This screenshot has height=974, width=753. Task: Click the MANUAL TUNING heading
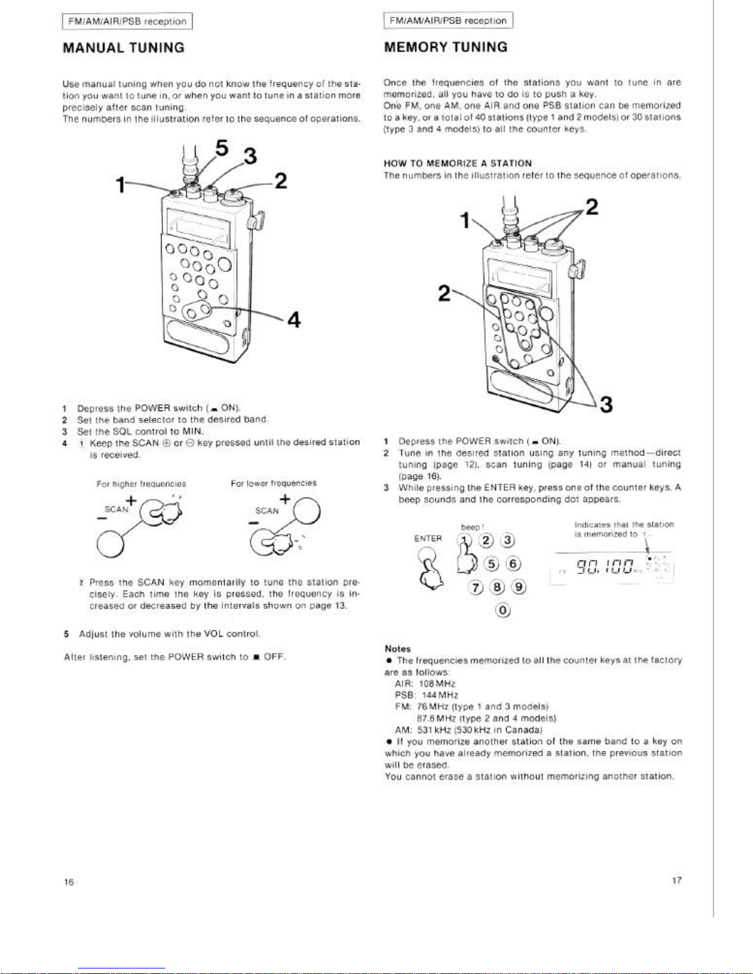point(124,48)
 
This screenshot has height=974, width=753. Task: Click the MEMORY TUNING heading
point(446,47)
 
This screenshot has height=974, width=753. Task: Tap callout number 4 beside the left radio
point(294,320)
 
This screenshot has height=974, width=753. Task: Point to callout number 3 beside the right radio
point(606,405)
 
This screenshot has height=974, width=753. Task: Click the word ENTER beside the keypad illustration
point(428,538)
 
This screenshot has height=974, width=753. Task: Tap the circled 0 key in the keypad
point(503,610)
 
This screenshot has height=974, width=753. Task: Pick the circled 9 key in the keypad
point(520,587)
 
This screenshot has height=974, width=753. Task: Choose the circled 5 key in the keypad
point(492,564)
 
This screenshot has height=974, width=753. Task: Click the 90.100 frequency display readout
point(609,568)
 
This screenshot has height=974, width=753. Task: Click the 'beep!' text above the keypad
point(472,527)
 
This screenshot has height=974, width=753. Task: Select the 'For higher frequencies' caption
point(141,484)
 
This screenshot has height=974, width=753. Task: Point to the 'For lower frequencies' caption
point(274,483)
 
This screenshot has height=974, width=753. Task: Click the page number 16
point(69,882)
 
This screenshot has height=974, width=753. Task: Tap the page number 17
point(676,881)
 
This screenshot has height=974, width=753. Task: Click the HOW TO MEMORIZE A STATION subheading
point(457,163)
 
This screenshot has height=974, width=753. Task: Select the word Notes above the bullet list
point(397,649)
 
